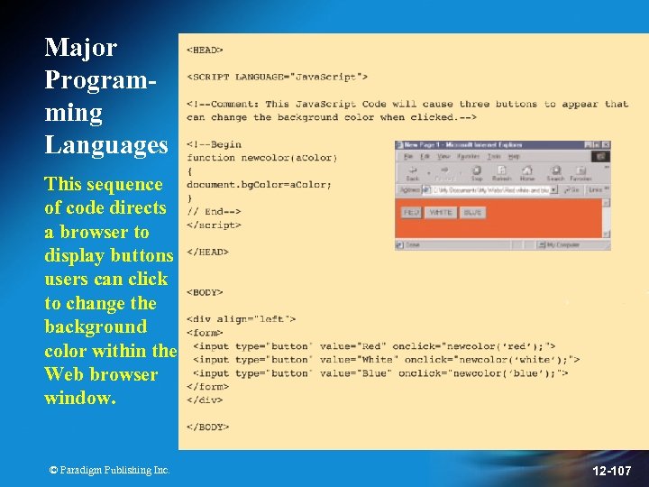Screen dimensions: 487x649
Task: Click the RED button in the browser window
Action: (412, 213)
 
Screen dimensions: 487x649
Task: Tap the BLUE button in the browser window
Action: (472, 213)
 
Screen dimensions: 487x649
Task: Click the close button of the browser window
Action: (607, 144)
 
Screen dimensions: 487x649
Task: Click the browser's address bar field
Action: (487, 190)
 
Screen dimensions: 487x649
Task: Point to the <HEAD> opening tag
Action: (205, 51)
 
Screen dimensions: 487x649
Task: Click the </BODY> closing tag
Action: (207, 427)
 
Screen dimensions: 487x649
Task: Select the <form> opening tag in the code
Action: (205, 333)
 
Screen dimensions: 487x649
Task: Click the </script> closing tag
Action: (214, 225)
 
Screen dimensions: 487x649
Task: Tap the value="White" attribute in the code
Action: (357, 360)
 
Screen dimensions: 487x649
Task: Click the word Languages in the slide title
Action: (106, 144)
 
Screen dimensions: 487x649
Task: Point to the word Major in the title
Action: (80, 47)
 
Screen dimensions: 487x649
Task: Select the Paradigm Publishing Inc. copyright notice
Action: (109, 470)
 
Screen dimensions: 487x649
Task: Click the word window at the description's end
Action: (79, 398)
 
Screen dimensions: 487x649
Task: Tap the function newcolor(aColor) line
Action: (261, 158)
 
